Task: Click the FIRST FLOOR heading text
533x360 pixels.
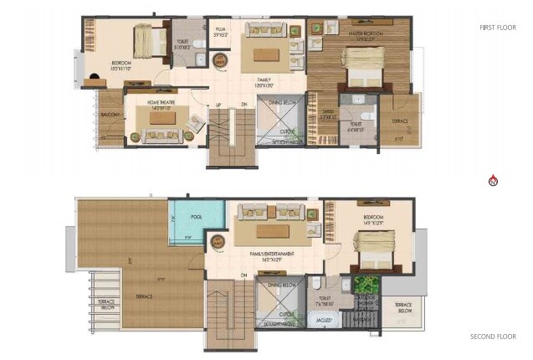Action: pyautogui.click(x=499, y=28)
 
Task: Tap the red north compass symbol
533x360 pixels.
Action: pyautogui.click(x=493, y=180)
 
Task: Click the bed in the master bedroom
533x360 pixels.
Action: pyautogui.click(x=363, y=67)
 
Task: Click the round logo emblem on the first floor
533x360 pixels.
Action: pyautogui.click(x=220, y=61)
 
